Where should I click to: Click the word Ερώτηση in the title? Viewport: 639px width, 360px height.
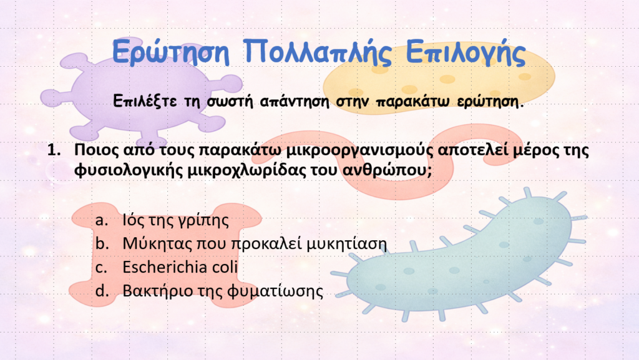tap(171, 52)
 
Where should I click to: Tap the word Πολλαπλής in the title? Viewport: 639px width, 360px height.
tap(318, 52)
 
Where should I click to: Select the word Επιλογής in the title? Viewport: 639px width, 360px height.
tap(466, 53)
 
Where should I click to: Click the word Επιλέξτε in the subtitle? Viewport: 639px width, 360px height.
tap(145, 100)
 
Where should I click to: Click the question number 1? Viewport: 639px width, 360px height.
tap(54, 150)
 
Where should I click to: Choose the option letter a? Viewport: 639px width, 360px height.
tap(102, 220)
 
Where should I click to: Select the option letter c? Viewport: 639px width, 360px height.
tap(100, 268)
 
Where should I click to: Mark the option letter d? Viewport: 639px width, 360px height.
tap(102, 291)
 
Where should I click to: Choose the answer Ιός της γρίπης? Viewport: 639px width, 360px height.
tap(175, 220)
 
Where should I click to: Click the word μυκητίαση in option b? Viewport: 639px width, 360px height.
tap(346, 243)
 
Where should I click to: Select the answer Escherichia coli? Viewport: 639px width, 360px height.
tap(180, 267)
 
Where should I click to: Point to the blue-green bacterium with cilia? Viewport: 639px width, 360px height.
tap(461, 256)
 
